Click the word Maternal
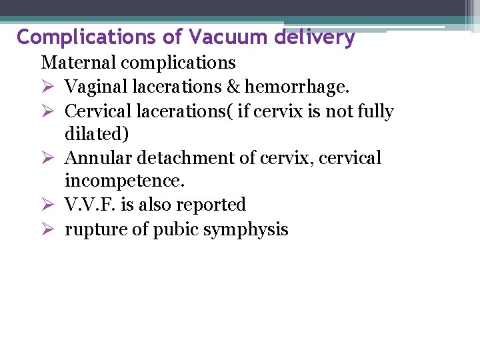click(79, 63)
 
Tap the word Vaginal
click(93, 87)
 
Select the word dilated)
click(97, 134)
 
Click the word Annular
click(95, 158)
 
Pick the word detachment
click(182, 158)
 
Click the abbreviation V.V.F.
click(87, 205)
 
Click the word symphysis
click(247, 229)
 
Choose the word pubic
click(177, 229)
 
